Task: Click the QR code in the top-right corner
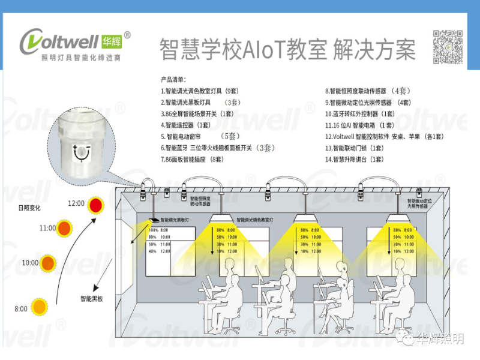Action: pyautogui.click(x=448, y=46)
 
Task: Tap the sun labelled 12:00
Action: pyautogui.click(x=96, y=205)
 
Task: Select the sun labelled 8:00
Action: pyautogui.click(x=40, y=308)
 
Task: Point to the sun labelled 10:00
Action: pyautogui.click(x=50, y=263)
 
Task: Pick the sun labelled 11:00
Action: pyautogui.click(x=65, y=228)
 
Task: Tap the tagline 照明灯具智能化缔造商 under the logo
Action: pyautogui.click(x=81, y=59)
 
